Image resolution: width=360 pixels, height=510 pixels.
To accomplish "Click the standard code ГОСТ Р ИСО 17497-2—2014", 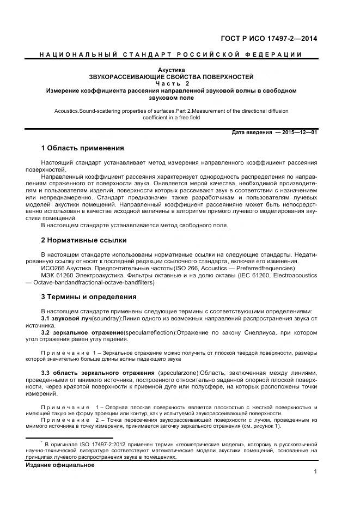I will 269,39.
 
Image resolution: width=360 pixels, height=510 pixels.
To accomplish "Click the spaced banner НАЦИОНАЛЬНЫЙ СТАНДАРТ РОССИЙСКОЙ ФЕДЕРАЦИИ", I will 171,55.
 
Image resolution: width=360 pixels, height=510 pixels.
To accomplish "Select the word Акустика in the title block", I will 171,70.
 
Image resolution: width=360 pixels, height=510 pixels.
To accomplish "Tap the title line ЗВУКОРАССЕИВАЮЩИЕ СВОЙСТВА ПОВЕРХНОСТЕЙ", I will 171,77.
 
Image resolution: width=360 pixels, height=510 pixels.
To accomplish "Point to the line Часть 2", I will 171,84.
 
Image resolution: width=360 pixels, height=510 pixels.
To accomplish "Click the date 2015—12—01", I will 298,132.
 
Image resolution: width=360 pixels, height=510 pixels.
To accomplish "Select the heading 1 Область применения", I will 83,148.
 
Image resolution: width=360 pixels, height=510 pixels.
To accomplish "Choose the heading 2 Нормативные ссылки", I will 84,240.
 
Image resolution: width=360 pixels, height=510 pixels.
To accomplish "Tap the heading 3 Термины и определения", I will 89,297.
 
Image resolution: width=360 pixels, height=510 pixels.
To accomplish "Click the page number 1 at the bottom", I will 315,471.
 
